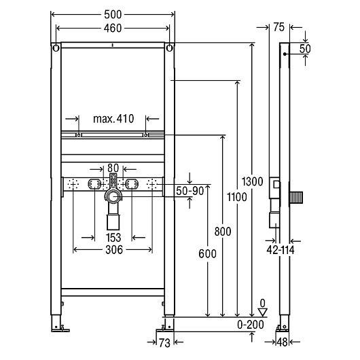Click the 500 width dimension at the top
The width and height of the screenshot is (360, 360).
click(113, 15)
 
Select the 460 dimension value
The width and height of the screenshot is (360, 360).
click(113, 29)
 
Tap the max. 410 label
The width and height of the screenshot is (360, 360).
click(113, 119)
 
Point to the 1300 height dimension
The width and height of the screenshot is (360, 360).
click(252, 181)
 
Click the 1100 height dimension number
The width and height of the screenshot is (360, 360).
click(237, 197)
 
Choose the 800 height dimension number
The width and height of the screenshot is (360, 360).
click(223, 232)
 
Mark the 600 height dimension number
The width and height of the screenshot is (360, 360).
click(208, 254)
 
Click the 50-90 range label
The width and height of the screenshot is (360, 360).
click(190, 191)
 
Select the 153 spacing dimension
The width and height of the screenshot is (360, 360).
click(113, 238)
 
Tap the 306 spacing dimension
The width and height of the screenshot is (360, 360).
click(114, 250)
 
